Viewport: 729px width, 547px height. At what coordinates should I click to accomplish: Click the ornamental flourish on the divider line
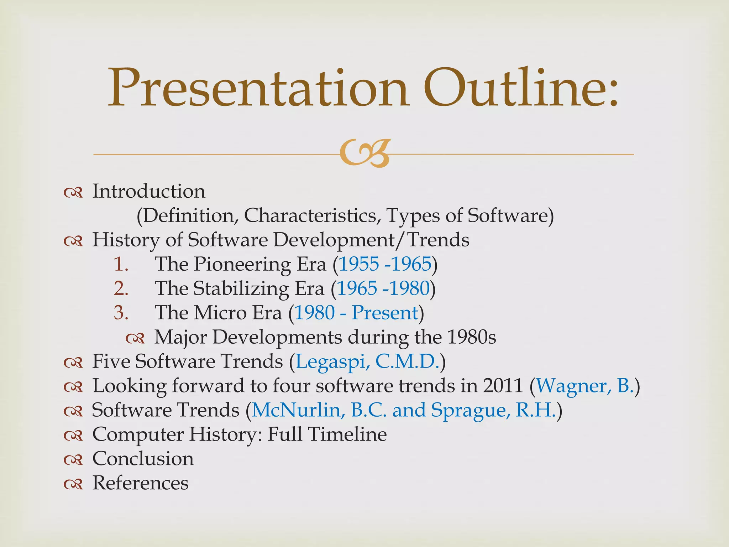pos(365,153)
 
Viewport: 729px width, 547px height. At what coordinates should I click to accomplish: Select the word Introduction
pos(149,191)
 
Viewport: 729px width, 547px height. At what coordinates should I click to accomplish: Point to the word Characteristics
pos(310,215)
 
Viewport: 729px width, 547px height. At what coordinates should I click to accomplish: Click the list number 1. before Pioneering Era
pos(121,264)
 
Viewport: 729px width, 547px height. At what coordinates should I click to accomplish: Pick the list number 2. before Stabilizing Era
pos(121,288)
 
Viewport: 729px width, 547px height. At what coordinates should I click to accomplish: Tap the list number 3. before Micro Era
pos(121,313)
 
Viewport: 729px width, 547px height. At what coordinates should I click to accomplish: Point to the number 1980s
pos(471,337)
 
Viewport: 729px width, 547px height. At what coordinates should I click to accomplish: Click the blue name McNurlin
pos(298,410)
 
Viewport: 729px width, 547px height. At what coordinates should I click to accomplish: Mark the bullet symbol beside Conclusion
pos(73,460)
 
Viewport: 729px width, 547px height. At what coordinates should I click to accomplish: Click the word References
pos(140,483)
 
